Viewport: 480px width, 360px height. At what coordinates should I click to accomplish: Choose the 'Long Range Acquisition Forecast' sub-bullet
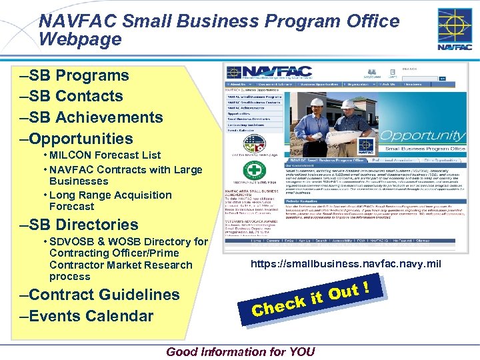110,201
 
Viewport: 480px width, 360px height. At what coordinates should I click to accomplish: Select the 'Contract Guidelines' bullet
101,295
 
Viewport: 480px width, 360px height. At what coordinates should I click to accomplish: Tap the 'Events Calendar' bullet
87,316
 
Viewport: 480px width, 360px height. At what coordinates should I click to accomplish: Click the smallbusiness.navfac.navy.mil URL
345,265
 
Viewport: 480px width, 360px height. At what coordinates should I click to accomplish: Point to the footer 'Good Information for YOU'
241,352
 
